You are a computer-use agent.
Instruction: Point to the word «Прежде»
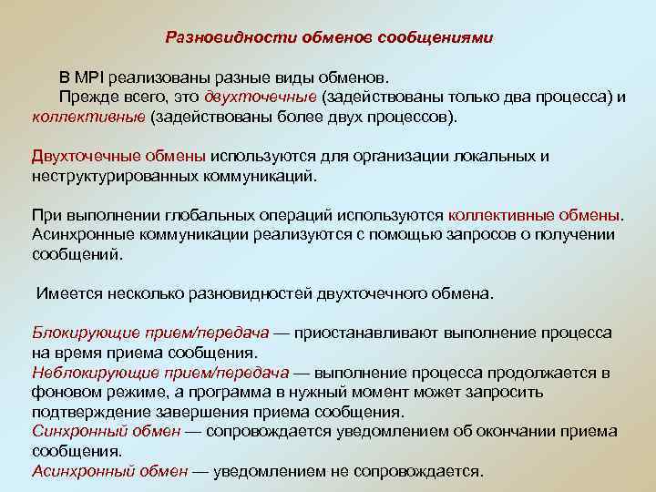tap(88, 98)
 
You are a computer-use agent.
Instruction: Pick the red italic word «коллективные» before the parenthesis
tap(88, 118)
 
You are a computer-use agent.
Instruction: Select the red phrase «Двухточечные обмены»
tap(119, 156)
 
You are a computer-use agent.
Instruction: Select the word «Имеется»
tap(67, 293)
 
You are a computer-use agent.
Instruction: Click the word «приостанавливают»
tap(374, 333)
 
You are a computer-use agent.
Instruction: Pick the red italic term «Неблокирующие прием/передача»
tap(159, 373)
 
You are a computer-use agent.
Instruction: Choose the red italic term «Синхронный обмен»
tap(105, 431)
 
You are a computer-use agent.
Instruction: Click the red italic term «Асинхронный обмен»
tap(109, 471)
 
